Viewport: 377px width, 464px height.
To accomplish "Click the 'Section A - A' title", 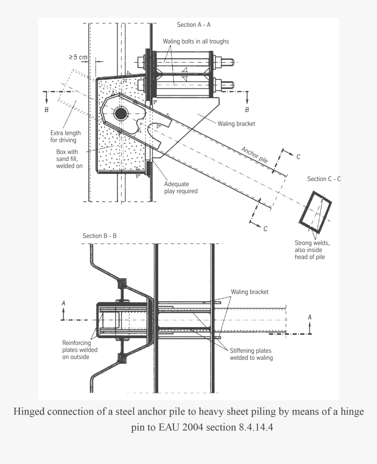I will (194, 25).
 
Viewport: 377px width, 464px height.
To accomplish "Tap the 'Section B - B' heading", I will (100, 236).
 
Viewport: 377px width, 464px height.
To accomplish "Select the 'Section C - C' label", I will (324, 179).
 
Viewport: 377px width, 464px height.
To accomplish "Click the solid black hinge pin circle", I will (120, 114).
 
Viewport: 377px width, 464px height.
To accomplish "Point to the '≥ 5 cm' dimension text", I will (78, 57).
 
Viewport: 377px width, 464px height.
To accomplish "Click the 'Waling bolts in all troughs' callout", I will (196, 41).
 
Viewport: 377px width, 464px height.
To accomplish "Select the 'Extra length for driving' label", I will (65, 137).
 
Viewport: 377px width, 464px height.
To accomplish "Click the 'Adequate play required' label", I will (181, 187).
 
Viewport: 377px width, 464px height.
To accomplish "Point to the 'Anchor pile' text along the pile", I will (254, 155).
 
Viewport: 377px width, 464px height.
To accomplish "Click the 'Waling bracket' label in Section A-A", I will (236, 124).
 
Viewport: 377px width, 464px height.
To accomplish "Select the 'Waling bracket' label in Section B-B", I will (249, 291).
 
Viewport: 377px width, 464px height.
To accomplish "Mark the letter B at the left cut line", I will (46, 110).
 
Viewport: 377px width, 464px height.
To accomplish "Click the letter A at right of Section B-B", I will (310, 316).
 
